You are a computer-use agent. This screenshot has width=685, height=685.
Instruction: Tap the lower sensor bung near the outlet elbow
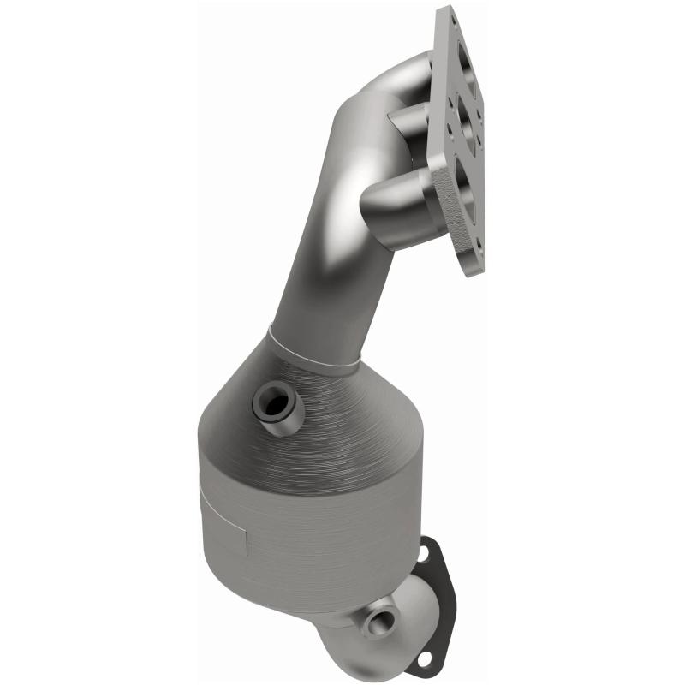377,618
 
